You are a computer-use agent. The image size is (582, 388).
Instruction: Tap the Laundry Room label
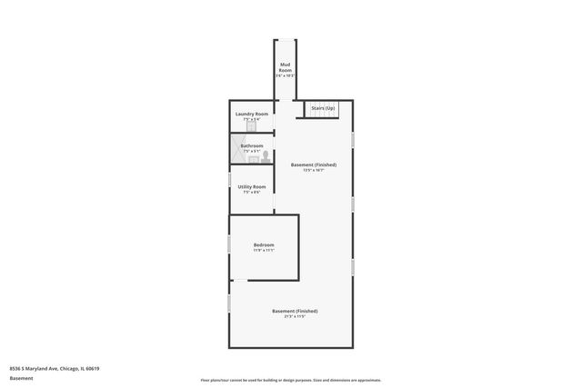point(251,114)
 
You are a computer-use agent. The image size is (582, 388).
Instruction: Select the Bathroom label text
point(252,145)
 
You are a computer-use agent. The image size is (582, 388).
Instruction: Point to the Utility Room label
point(252,186)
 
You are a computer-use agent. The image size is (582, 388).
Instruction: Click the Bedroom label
point(264,244)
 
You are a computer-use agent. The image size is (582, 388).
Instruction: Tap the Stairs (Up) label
point(324,108)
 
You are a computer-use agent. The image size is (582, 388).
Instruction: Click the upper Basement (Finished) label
point(314,164)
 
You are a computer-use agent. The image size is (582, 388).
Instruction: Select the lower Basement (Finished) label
point(295,311)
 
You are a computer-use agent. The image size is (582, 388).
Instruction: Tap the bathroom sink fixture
point(254,158)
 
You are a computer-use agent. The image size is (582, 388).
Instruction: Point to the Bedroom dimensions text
point(264,250)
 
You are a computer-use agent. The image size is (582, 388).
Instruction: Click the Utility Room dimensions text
point(252,192)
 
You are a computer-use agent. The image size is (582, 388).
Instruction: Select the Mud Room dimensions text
point(286,75)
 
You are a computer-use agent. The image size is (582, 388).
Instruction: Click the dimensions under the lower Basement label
point(295,316)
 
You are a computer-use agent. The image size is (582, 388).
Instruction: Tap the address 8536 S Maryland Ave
point(54,368)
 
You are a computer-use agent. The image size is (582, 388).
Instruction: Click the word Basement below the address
point(21,377)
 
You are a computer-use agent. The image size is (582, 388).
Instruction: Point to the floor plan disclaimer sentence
point(291,380)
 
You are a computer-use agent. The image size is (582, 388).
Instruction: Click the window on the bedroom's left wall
point(229,245)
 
